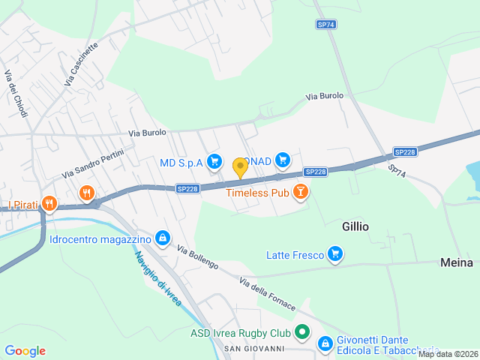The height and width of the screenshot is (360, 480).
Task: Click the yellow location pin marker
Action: pyautogui.click(x=240, y=167)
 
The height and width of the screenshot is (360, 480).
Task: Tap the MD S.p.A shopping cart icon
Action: pyautogui.click(x=214, y=160)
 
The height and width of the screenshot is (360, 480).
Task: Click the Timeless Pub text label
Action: pyautogui.click(x=258, y=193)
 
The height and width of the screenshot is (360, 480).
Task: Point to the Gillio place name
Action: pyautogui.click(x=355, y=226)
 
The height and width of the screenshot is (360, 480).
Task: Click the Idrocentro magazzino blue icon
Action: pyautogui.click(x=162, y=239)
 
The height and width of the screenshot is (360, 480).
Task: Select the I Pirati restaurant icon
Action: pyautogui.click(x=49, y=203)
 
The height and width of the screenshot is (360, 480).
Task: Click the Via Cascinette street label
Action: pyautogui.click(x=81, y=63)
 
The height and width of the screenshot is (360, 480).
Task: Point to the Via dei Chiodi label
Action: pyautogui.click(x=16, y=94)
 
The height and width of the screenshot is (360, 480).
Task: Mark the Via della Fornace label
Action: pyautogui.click(x=268, y=295)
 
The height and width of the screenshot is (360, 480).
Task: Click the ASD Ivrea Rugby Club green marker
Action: pyautogui.click(x=301, y=331)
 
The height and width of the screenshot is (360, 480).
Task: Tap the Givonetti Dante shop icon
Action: pyautogui.click(x=325, y=343)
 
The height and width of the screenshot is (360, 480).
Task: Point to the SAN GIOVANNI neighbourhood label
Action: pyautogui.click(x=255, y=349)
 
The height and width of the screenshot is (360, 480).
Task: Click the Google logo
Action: pyautogui.click(x=25, y=351)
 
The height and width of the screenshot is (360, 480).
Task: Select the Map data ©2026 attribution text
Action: pyautogui.click(x=448, y=355)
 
